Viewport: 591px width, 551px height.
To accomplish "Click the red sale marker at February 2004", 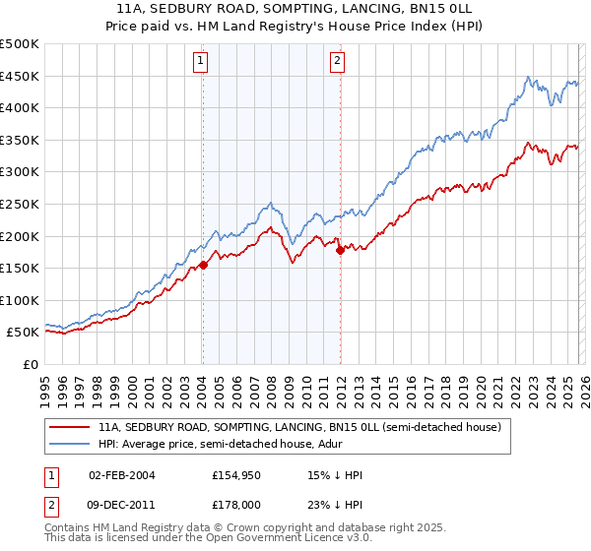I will (x=202, y=265).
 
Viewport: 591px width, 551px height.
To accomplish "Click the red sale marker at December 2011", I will (x=340, y=250).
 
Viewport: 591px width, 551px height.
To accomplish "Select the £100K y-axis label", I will (x=20, y=300).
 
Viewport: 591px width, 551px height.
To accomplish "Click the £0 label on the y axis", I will (x=32, y=364).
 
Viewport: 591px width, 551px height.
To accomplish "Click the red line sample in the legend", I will (x=70, y=428).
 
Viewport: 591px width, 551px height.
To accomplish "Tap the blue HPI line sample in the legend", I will (x=70, y=445).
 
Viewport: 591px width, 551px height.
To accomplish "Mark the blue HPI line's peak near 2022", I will (x=528, y=77).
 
